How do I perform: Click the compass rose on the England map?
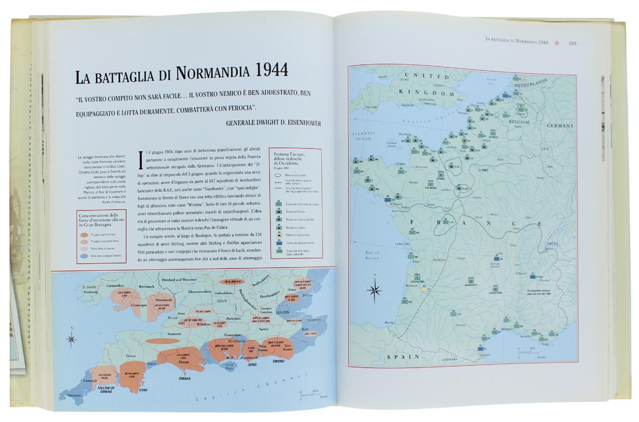click(x=71, y=338)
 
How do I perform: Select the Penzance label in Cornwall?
click(x=73, y=395)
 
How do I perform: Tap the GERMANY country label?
click(x=559, y=126)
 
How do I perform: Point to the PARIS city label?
click(x=483, y=170)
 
